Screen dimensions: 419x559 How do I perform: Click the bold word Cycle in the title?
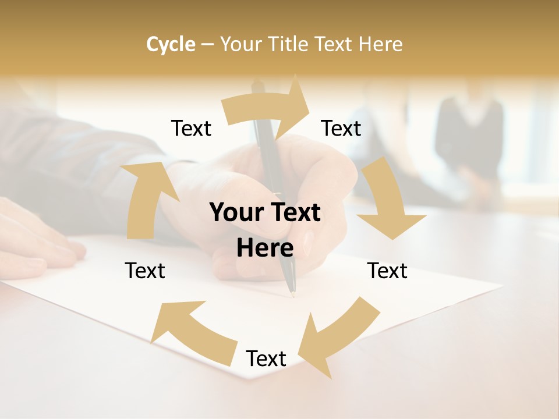pos(171,44)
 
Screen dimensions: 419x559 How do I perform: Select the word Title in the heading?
pos(288,44)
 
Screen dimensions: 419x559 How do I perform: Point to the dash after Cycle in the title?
pos(207,45)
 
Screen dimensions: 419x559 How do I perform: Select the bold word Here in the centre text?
pos(265,248)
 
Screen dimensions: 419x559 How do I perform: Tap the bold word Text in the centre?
pos(295,212)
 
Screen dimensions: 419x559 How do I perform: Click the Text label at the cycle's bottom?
pos(266,358)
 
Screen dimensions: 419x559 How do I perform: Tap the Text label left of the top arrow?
pos(191,128)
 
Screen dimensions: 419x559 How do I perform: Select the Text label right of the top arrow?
pos(341,128)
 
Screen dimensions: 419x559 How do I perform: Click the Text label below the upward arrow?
pos(145,271)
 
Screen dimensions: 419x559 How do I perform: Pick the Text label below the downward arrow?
pos(387,271)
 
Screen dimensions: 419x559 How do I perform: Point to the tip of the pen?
pos(292,294)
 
